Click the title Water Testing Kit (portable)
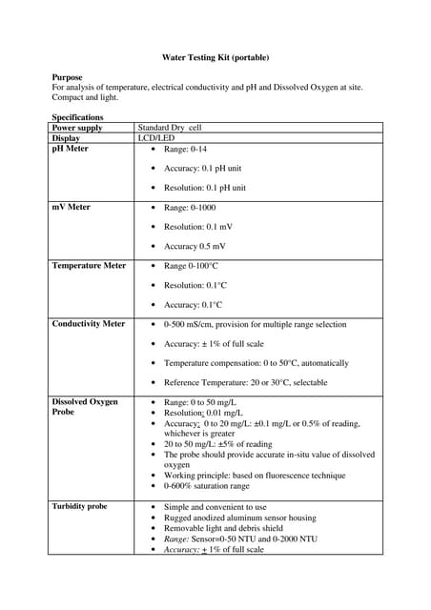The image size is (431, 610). point(215,56)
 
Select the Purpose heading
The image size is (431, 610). point(67,77)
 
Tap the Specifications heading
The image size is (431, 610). point(77,117)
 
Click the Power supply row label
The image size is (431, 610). point(77,128)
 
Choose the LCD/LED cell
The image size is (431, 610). point(156,138)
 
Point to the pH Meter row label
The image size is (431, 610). point(70,149)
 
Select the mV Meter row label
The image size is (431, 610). point(71,207)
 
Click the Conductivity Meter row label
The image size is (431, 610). point(89,324)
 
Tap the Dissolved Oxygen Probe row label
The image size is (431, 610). point(85,407)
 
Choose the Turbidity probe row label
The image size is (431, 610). point(79,506)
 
